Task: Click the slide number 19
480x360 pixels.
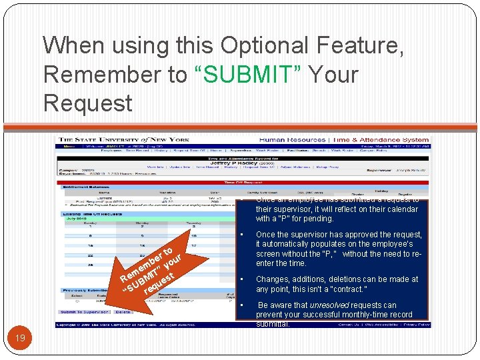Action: pos(20,338)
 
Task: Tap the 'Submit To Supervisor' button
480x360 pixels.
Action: pos(85,312)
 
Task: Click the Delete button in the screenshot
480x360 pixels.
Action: pos(123,312)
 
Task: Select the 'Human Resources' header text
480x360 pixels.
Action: pos(289,140)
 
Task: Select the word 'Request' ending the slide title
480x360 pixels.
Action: pos(88,103)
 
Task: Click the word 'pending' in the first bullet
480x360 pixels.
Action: pos(318,218)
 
